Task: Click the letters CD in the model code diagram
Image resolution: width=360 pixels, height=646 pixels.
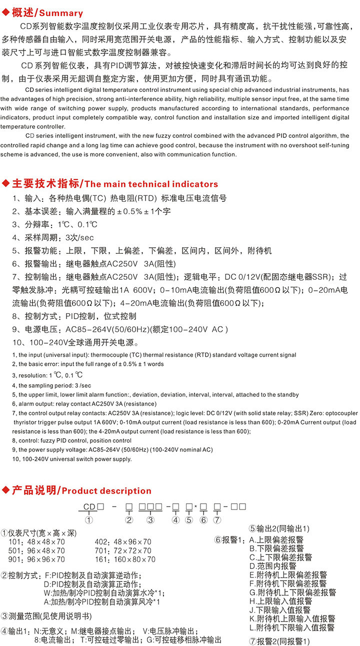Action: [89, 507]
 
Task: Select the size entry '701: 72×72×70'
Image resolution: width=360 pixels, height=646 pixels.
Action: [122, 551]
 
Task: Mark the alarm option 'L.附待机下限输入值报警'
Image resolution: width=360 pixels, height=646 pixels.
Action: [292, 628]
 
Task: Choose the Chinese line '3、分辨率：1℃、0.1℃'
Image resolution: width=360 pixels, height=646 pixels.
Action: [55, 224]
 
